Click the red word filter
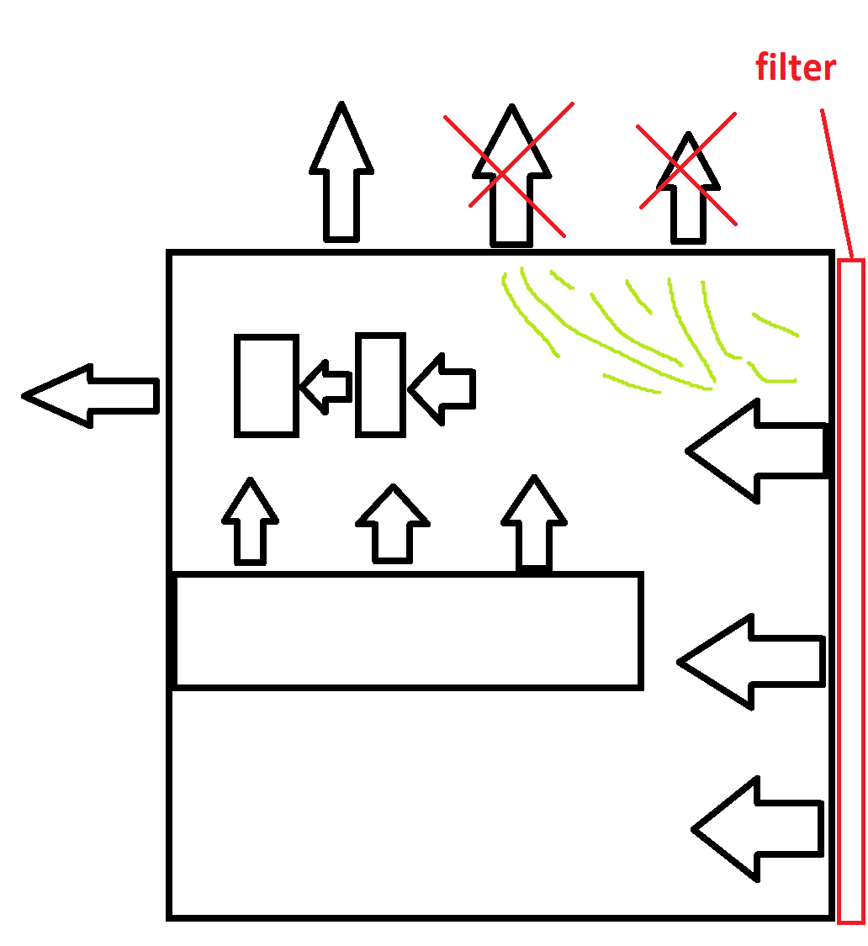tap(795, 67)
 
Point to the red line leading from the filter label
tap(837, 184)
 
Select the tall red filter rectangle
tap(851, 590)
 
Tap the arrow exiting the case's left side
tap(91, 396)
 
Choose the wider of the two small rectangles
tap(266, 385)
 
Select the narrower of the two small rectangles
tap(380, 384)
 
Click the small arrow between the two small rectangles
tap(326, 388)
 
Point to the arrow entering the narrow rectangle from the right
tap(442, 389)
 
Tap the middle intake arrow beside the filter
tap(751, 662)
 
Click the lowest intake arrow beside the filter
tap(757, 829)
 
